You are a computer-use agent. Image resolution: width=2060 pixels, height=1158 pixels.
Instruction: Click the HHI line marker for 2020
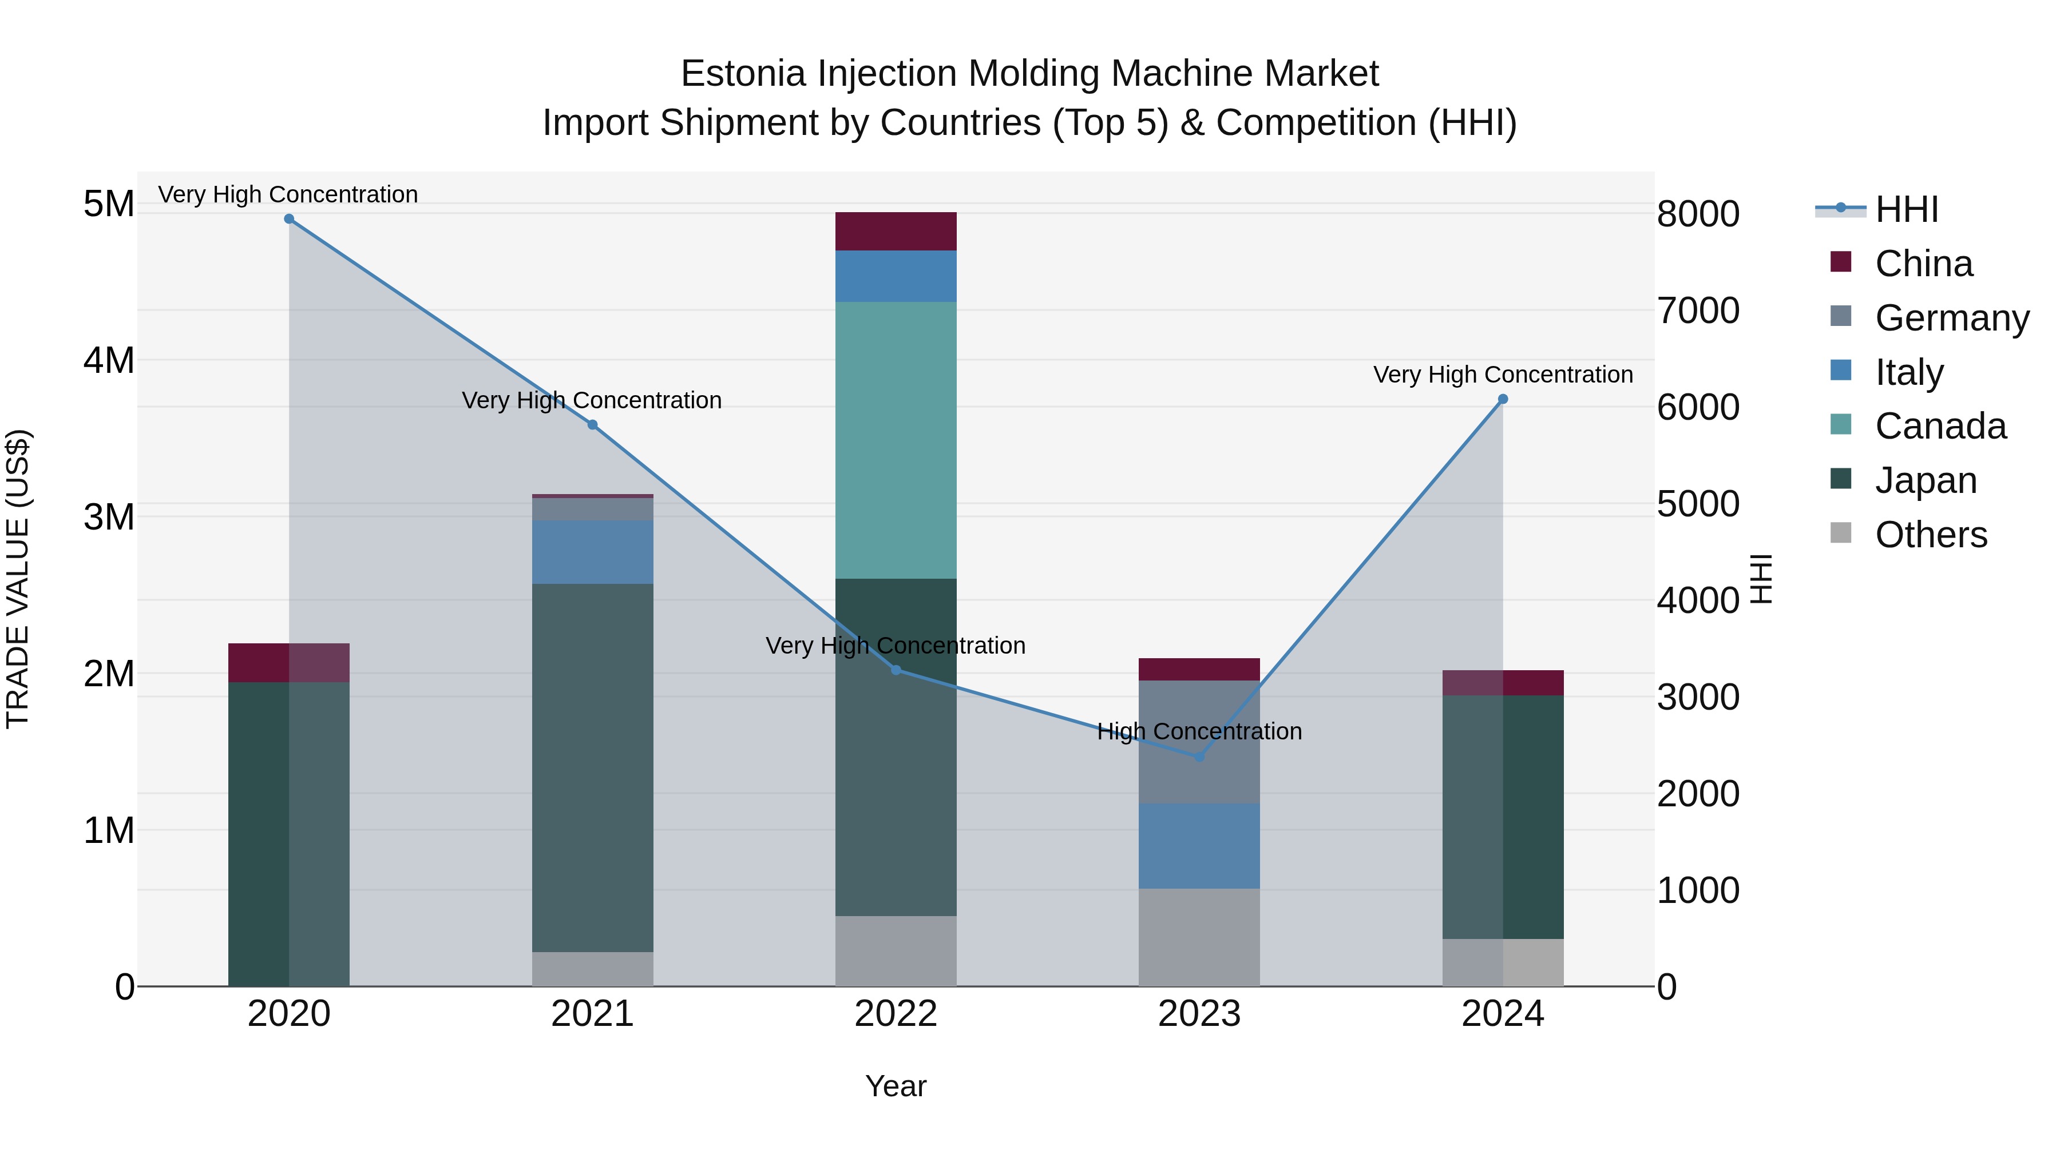[289, 219]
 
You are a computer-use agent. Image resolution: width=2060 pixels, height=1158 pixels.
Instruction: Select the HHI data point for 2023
[1199, 756]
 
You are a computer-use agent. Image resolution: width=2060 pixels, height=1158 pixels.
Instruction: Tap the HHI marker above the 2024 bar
[1503, 399]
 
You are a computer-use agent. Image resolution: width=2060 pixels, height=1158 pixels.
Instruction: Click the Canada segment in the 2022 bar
[896, 440]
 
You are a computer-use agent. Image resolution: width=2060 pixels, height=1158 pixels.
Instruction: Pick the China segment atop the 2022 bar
[896, 231]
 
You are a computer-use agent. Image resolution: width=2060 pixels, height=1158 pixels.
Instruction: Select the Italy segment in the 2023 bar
[1199, 846]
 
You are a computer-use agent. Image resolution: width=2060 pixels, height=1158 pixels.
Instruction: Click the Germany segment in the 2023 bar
[1199, 742]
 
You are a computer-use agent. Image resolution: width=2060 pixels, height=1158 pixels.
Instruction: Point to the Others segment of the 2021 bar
[593, 969]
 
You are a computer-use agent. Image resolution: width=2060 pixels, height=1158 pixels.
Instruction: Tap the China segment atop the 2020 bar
[289, 663]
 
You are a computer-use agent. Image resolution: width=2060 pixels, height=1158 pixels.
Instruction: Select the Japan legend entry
[1925, 480]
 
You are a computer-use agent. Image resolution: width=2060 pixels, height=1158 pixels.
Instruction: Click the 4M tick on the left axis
[109, 360]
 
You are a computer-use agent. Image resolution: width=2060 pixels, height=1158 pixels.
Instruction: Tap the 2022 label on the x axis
[896, 1014]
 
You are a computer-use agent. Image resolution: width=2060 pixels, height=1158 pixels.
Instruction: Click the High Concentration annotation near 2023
[1199, 731]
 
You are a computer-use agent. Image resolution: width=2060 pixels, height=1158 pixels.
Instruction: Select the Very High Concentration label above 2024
[1503, 374]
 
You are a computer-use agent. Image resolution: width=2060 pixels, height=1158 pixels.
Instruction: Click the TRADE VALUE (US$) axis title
[18, 579]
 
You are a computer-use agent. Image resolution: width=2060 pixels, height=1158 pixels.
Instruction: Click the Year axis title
[896, 1086]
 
